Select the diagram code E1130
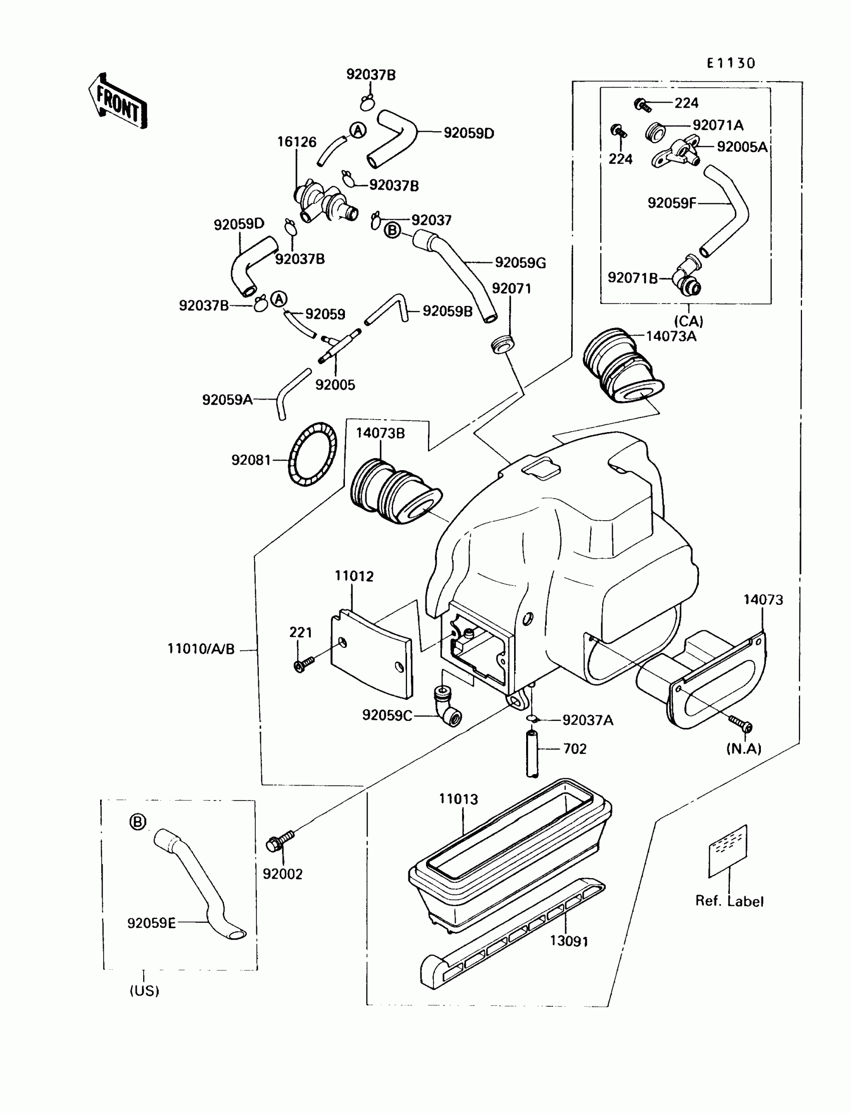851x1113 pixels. [x=731, y=63]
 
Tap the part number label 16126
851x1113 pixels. [x=296, y=142]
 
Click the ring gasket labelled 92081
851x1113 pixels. [x=312, y=455]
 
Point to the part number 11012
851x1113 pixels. [x=354, y=576]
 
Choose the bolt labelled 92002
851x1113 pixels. [x=280, y=841]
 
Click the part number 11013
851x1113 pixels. [x=459, y=799]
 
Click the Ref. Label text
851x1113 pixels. [x=729, y=901]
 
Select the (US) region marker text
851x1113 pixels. [x=144, y=990]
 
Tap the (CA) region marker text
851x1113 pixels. [x=689, y=321]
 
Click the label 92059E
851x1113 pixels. [x=152, y=923]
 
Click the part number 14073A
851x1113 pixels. [x=671, y=336]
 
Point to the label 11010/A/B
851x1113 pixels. [x=201, y=649]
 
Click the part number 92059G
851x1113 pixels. [x=521, y=262]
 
